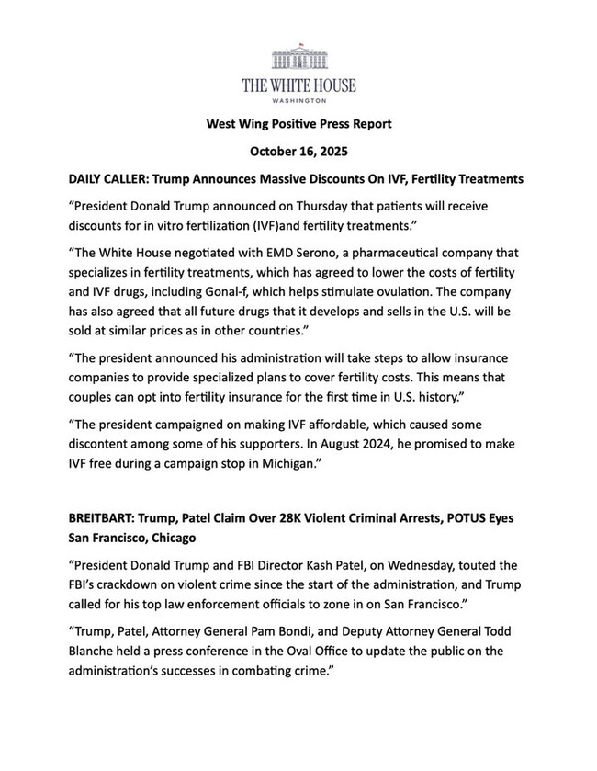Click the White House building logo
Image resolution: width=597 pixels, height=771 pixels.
[x=298, y=56]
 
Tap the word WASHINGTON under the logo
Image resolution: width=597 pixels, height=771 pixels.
[x=298, y=99]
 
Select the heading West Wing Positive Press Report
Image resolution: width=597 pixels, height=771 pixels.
[x=298, y=123]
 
